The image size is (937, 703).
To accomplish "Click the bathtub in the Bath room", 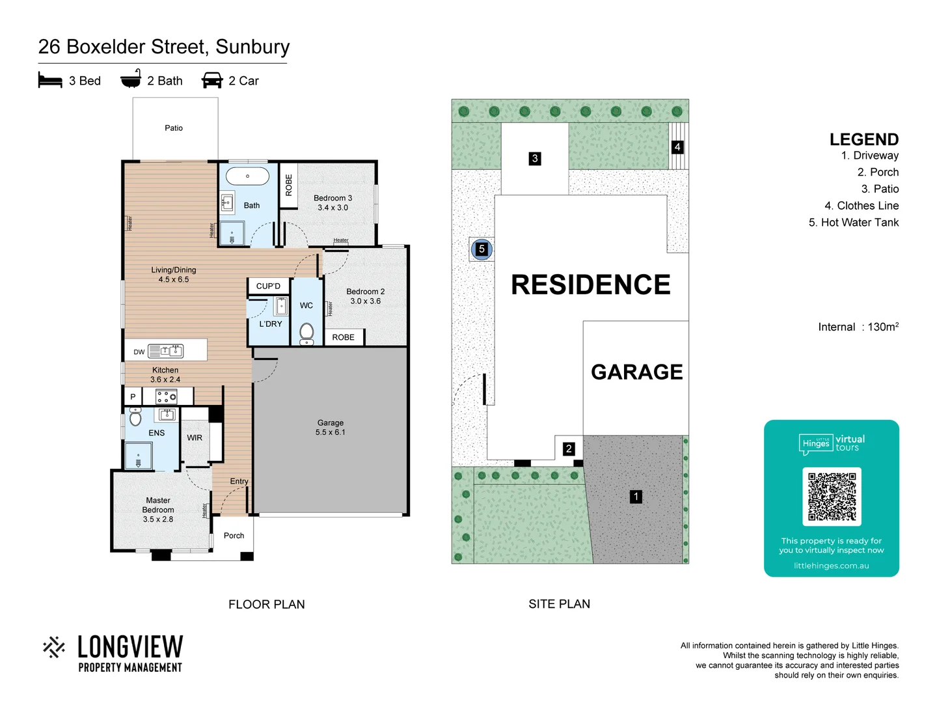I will point(247,176).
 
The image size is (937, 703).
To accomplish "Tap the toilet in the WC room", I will point(306,332).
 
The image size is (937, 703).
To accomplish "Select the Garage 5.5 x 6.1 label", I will point(331,428).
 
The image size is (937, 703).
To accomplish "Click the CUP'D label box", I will point(268,286).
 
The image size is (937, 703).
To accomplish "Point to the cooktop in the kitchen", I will point(167,396).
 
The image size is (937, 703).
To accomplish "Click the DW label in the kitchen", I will point(139,352).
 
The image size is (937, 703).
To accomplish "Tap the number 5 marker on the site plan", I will point(482,249).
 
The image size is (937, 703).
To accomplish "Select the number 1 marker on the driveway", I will point(636,497).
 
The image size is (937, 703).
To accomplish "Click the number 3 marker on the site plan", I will point(535,158).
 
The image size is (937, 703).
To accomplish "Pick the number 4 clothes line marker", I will point(677,147).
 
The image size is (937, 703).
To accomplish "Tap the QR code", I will point(832,497).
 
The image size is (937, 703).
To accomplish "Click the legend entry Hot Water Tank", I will point(853,223).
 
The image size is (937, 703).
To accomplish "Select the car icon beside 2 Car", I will point(212,80).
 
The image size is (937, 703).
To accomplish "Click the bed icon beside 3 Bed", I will point(50,80).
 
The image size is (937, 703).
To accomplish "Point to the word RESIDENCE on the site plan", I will point(590,285).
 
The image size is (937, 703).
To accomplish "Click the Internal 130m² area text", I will point(858,327).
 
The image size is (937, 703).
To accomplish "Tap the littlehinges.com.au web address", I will point(831,566).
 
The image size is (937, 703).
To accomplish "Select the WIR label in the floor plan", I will point(195,438).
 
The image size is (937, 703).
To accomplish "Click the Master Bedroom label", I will point(158,510).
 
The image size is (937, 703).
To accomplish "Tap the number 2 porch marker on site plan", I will point(569,448).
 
